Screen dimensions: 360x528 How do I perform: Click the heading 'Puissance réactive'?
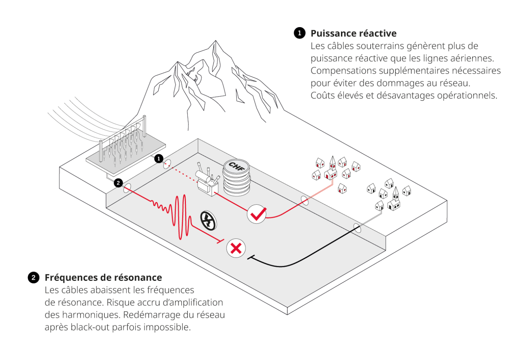(353, 34)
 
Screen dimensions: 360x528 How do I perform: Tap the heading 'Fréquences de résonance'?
(103, 278)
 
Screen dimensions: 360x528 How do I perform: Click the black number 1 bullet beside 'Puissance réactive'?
(299, 33)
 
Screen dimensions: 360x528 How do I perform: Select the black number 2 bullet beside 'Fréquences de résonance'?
(34, 278)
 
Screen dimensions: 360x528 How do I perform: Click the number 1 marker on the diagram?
(159, 159)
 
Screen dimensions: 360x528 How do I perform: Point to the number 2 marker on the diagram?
(118, 183)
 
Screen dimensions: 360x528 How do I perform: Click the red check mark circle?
(257, 214)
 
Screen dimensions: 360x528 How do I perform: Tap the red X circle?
(236, 248)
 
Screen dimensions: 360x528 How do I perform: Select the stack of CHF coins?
(236, 178)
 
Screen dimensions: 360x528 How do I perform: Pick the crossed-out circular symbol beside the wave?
(208, 221)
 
